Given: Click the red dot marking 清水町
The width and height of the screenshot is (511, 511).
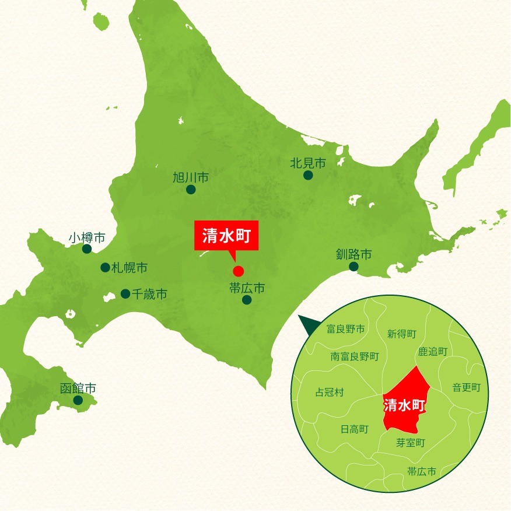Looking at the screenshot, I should pyautogui.click(x=238, y=271).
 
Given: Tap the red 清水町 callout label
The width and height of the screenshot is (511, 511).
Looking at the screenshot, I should pyautogui.click(x=226, y=235).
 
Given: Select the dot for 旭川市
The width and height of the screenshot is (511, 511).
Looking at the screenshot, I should pyautogui.click(x=190, y=190).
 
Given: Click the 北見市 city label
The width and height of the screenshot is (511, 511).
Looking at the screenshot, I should pyautogui.click(x=307, y=163).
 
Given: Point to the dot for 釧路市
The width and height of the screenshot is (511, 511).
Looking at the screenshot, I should pyautogui.click(x=353, y=267).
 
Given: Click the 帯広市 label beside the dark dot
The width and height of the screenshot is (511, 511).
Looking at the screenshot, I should pyautogui.click(x=247, y=288).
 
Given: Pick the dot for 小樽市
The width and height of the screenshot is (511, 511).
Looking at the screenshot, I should pyautogui.click(x=87, y=249).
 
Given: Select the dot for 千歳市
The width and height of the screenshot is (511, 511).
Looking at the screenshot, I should pyautogui.click(x=125, y=294).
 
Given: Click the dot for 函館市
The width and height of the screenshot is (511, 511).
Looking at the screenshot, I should pyautogui.click(x=78, y=400).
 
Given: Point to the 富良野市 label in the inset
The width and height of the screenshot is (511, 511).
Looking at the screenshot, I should pyautogui.click(x=345, y=330).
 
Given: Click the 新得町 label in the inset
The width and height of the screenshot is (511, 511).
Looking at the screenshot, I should pyautogui.click(x=402, y=334).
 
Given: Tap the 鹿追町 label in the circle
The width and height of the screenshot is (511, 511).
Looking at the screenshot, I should pyautogui.click(x=433, y=351).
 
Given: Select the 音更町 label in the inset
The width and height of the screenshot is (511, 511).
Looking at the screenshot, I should pyautogui.click(x=467, y=387).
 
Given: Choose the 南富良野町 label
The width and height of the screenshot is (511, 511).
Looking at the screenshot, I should pyautogui.click(x=355, y=356).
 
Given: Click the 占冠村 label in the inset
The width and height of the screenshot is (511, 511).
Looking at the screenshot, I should pyautogui.click(x=329, y=393).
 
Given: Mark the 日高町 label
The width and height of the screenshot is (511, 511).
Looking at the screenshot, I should pyautogui.click(x=355, y=429).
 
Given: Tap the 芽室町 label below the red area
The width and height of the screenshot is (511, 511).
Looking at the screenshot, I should pyautogui.click(x=411, y=443).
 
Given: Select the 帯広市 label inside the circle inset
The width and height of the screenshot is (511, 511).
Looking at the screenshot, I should pyautogui.click(x=421, y=471).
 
